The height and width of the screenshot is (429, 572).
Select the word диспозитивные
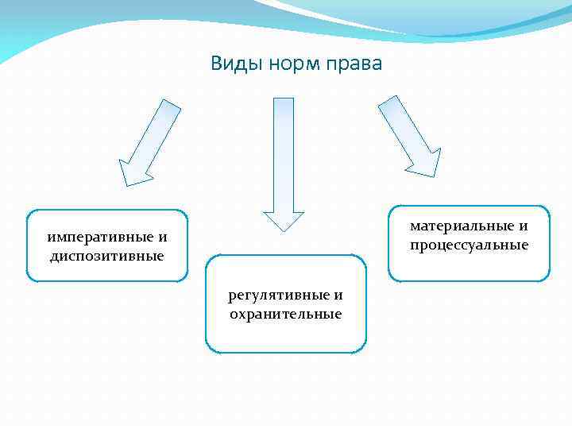tap(106, 256)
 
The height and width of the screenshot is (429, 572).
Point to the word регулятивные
tap(277, 296)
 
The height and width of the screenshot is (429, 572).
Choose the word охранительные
tap(285, 315)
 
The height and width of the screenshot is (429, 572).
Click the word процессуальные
tap(469, 245)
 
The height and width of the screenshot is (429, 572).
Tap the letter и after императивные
tap(163, 237)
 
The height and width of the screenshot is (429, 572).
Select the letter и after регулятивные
tap(338, 296)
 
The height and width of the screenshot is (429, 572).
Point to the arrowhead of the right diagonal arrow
tap(425, 163)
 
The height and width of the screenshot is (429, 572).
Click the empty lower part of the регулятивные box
tap(286, 338)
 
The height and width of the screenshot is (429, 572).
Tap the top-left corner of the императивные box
tap(29, 213)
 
